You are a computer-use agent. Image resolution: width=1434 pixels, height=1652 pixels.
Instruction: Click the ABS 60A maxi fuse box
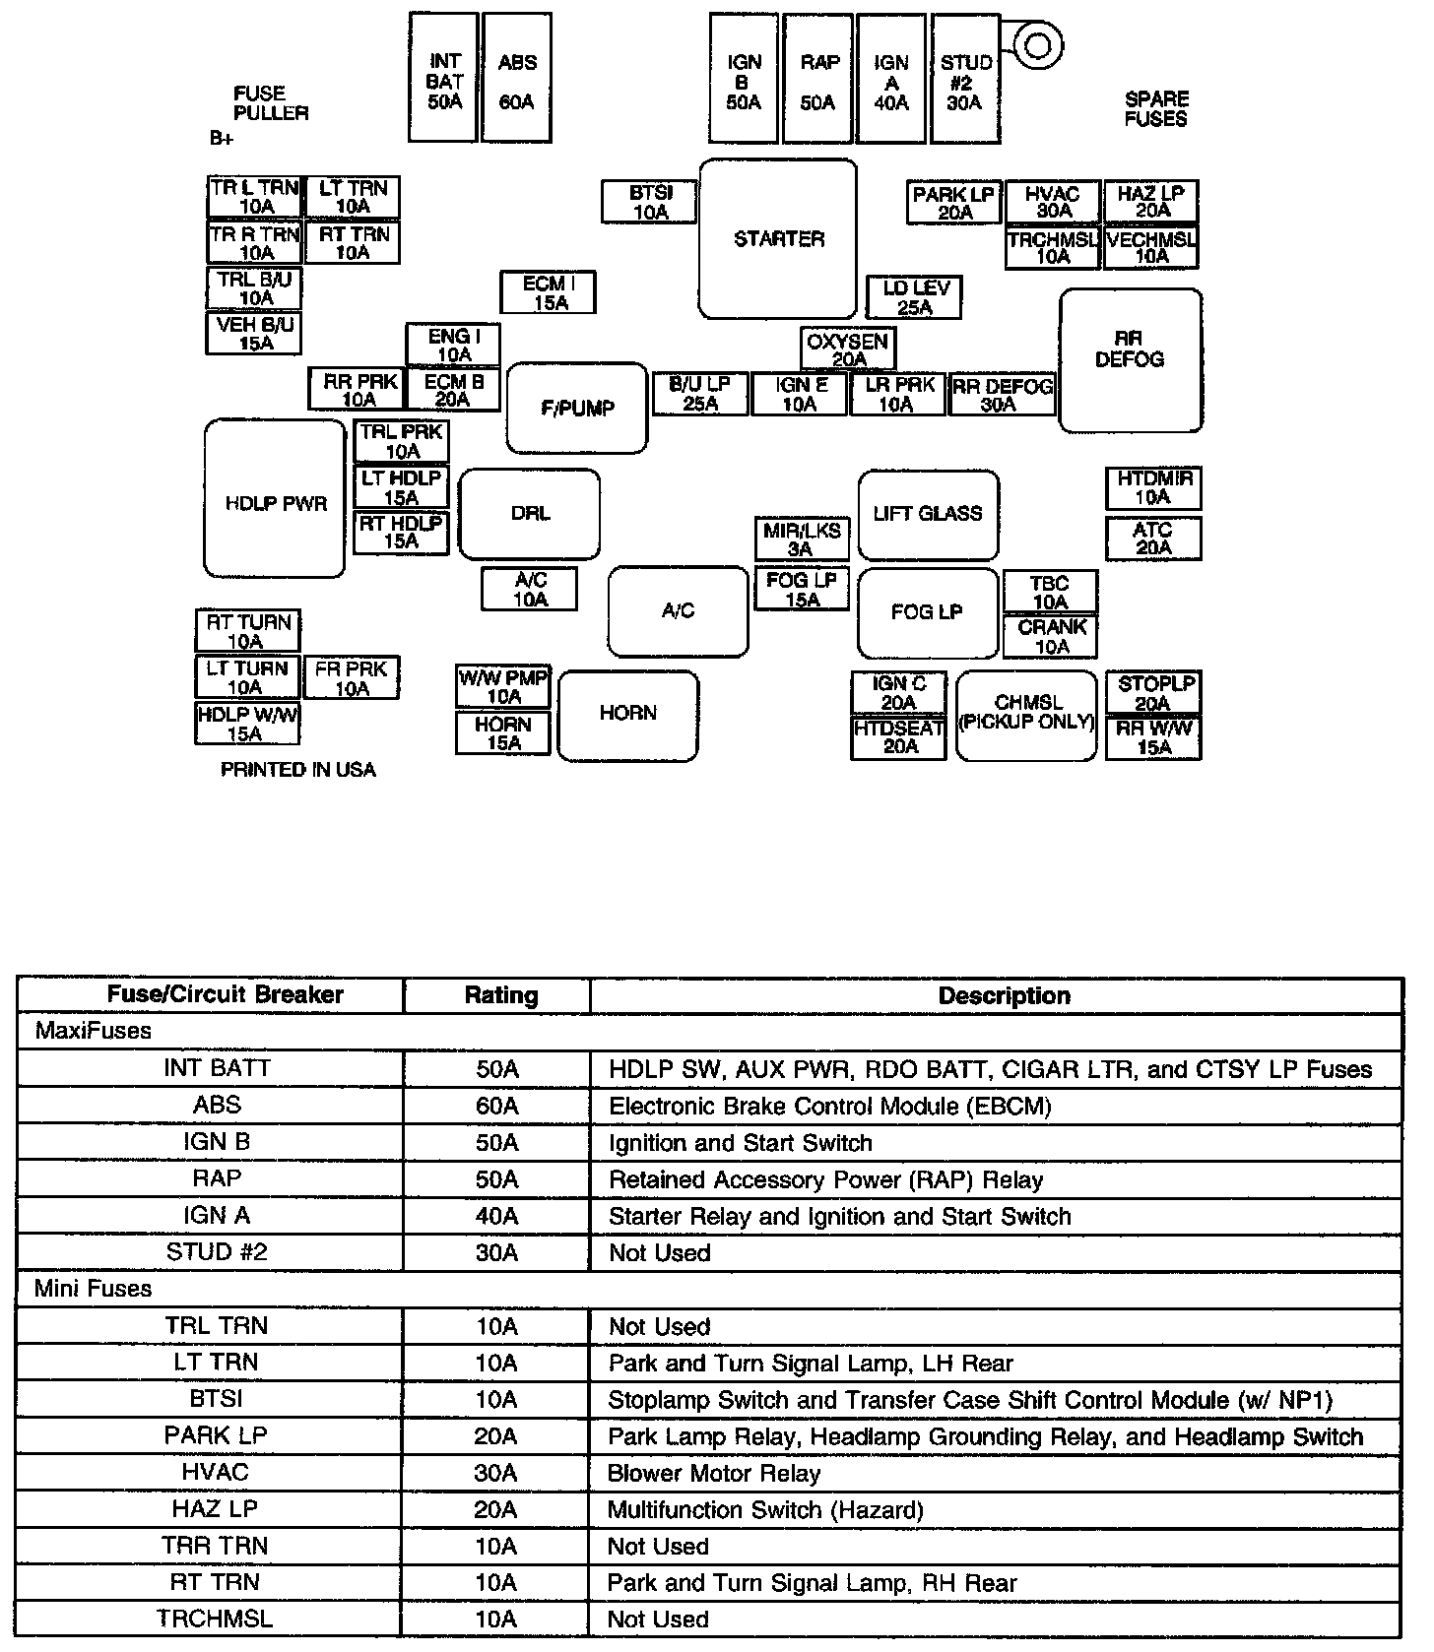click(517, 79)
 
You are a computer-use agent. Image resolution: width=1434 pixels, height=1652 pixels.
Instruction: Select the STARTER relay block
click(778, 239)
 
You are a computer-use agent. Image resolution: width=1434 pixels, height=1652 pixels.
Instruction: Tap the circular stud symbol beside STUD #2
click(1037, 44)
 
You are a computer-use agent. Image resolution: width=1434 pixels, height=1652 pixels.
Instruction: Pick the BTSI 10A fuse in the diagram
click(650, 202)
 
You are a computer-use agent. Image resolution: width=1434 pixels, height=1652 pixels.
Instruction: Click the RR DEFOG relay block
click(1130, 359)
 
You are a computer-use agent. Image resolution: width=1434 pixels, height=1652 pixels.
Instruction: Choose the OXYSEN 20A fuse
click(848, 349)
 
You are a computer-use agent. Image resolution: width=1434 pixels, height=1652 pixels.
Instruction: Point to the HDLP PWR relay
click(275, 499)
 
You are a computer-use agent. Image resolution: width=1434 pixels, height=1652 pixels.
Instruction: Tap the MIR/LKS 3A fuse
click(802, 540)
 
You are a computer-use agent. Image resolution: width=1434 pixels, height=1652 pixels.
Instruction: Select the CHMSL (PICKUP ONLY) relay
click(1026, 716)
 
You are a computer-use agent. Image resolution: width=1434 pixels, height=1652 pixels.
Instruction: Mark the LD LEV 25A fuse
click(915, 297)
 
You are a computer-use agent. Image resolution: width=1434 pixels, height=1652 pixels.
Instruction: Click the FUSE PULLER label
click(270, 103)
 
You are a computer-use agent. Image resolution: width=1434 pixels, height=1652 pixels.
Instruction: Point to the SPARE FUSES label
click(1156, 109)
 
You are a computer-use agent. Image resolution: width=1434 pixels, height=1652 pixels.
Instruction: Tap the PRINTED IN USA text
click(298, 770)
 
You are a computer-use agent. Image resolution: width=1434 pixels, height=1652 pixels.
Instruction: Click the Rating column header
click(500, 995)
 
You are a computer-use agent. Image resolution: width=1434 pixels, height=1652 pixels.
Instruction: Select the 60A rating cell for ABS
click(497, 1106)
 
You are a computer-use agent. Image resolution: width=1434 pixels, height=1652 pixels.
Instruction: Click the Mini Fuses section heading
click(94, 1289)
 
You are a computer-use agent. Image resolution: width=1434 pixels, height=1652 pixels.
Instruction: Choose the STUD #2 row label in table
click(217, 1252)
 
